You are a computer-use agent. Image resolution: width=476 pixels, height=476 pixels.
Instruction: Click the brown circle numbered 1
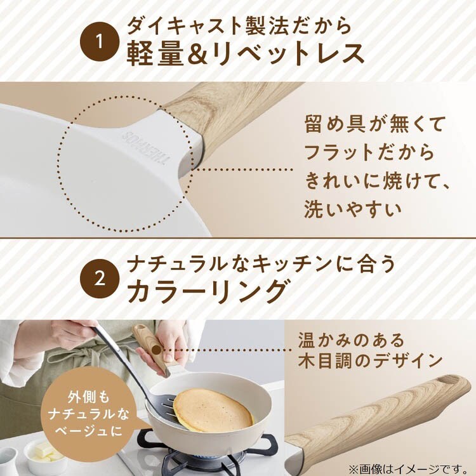tap(100, 42)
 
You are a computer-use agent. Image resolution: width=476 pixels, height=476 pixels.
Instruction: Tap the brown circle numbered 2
tap(100, 279)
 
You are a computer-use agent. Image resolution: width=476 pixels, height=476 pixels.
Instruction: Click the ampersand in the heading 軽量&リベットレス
tap(199, 54)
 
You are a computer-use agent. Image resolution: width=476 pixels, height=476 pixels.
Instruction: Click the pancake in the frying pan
tap(213, 410)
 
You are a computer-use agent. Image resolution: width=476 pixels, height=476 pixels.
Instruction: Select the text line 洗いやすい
tap(353, 209)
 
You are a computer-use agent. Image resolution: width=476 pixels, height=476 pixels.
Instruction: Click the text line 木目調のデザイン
tap(370, 361)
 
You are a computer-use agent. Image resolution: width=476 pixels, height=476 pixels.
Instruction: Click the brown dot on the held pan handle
tap(157, 350)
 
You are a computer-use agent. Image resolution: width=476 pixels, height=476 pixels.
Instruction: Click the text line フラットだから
tap(369, 152)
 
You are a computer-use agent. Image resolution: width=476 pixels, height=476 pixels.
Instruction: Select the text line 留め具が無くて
tap(375, 124)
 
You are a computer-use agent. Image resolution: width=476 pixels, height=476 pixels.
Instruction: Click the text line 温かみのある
tap(351, 340)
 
